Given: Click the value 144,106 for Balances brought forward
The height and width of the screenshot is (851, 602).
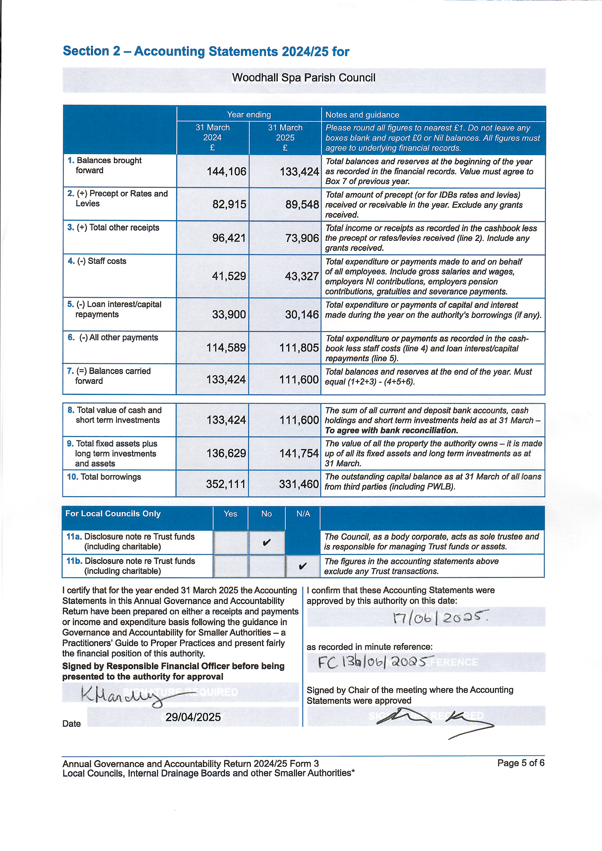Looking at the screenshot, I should coord(226,171).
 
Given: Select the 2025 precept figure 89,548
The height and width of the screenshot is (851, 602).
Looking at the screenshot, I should coord(302,205).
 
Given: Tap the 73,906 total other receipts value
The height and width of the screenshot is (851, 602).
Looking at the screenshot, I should coord(302,238).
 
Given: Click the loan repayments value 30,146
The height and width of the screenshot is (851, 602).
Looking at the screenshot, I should coord(302,315).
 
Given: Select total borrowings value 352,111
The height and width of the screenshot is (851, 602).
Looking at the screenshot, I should coord(226,484).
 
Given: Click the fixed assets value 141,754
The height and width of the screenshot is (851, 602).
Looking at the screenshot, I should coord(299,453).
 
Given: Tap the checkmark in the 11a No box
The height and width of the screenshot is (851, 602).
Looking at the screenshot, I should coord(266,543).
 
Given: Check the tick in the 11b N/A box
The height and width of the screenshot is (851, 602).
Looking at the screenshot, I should coord(302,566).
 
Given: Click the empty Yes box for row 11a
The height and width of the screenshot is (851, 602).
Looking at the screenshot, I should coord(230,543).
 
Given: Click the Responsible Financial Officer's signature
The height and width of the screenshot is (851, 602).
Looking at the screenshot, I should coord(122,695).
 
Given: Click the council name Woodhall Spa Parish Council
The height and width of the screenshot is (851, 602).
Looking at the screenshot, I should coord(304,78).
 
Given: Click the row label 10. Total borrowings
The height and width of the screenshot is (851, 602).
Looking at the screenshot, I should coord(104,477).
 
